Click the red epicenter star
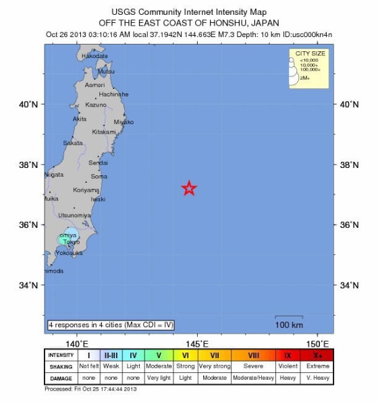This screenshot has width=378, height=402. point(190,189)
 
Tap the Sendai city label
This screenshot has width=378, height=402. point(99,163)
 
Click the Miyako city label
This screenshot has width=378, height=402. point(124,122)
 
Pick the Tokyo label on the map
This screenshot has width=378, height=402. point(71,241)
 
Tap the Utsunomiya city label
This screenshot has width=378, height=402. point(74,215)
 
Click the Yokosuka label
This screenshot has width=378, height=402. point(69,253)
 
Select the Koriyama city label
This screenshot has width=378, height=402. point(86,190)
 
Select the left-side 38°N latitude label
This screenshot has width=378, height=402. point(28,165)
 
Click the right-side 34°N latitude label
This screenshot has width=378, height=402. point(350,285)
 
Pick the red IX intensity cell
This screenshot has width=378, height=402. point(288,355)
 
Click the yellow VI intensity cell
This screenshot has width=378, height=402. point(186,355)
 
